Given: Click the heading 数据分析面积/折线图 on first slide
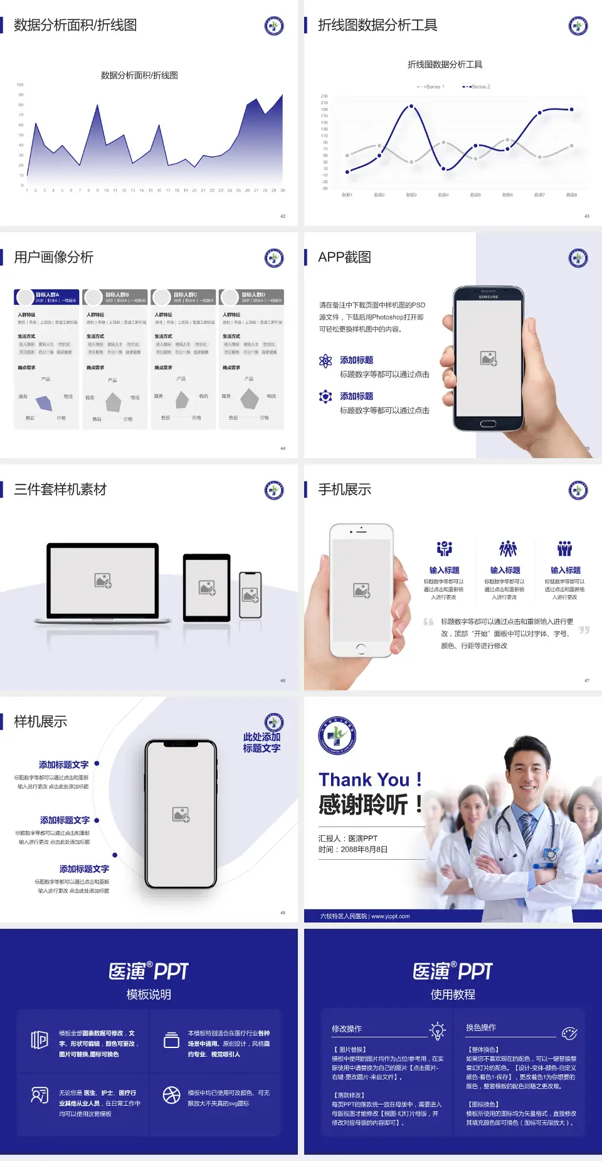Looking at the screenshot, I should pos(75,25).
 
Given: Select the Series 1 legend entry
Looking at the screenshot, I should pos(431,87).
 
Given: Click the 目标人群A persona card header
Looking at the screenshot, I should pos(46,297).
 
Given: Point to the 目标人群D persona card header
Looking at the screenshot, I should pos(251,297).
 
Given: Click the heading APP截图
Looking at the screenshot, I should pos(344,257).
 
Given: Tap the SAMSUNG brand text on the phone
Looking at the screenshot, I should pos(488,297).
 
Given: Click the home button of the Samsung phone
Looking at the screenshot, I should pos(488,424).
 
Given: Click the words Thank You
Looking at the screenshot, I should pos(364,779).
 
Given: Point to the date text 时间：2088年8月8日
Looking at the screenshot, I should pos(353,850).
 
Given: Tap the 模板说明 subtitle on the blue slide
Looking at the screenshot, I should pos(149,994).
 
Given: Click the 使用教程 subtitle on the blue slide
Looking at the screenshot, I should pos(453,994).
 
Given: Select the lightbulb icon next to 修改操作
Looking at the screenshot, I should pos(437,1030).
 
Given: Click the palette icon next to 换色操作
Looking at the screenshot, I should pos(569,1033).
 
